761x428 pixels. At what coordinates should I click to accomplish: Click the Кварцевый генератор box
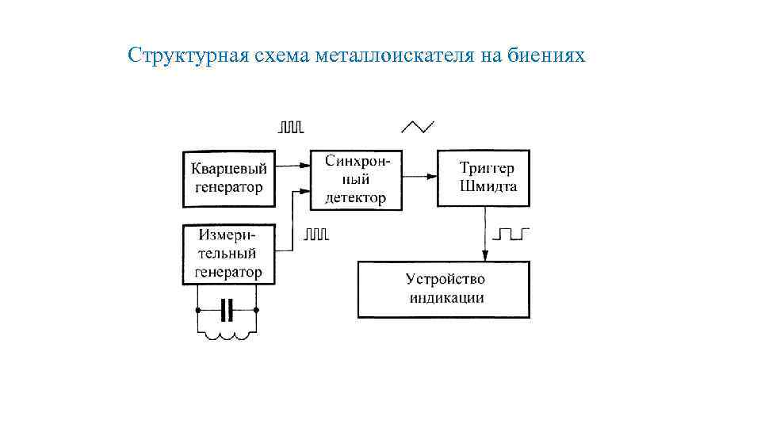[229, 178]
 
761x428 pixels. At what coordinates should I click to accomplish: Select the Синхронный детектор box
[356, 179]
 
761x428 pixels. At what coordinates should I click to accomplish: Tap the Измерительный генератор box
[229, 254]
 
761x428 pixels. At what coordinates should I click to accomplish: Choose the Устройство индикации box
[444, 289]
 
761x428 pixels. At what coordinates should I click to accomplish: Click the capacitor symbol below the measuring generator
[228, 309]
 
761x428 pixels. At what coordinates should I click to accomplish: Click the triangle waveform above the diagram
[418, 127]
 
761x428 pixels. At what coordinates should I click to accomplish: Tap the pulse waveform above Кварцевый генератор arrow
[290, 127]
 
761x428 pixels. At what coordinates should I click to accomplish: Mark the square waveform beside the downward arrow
[511, 234]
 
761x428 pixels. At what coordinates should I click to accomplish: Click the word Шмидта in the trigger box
[488, 187]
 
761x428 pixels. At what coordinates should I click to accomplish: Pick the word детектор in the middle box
[356, 198]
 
